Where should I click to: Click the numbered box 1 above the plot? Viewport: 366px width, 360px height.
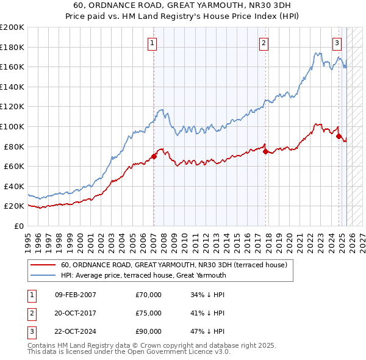[x=151, y=43]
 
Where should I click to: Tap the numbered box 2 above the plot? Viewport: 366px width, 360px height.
[x=264, y=43]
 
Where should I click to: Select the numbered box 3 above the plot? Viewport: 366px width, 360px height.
[x=337, y=43]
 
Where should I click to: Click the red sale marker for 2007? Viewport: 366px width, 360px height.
[x=154, y=156]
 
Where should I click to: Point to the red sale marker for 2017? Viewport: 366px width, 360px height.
[x=265, y=151]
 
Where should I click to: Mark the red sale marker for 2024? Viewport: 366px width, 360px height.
[x=339, y=137]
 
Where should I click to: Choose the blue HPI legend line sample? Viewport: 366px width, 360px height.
[x=42, y=275]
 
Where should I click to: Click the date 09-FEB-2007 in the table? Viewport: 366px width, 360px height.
[x=76, y=295]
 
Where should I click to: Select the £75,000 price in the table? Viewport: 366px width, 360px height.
[x=149, y=313]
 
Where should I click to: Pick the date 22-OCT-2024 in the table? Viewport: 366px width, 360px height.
[x=76, y=331]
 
